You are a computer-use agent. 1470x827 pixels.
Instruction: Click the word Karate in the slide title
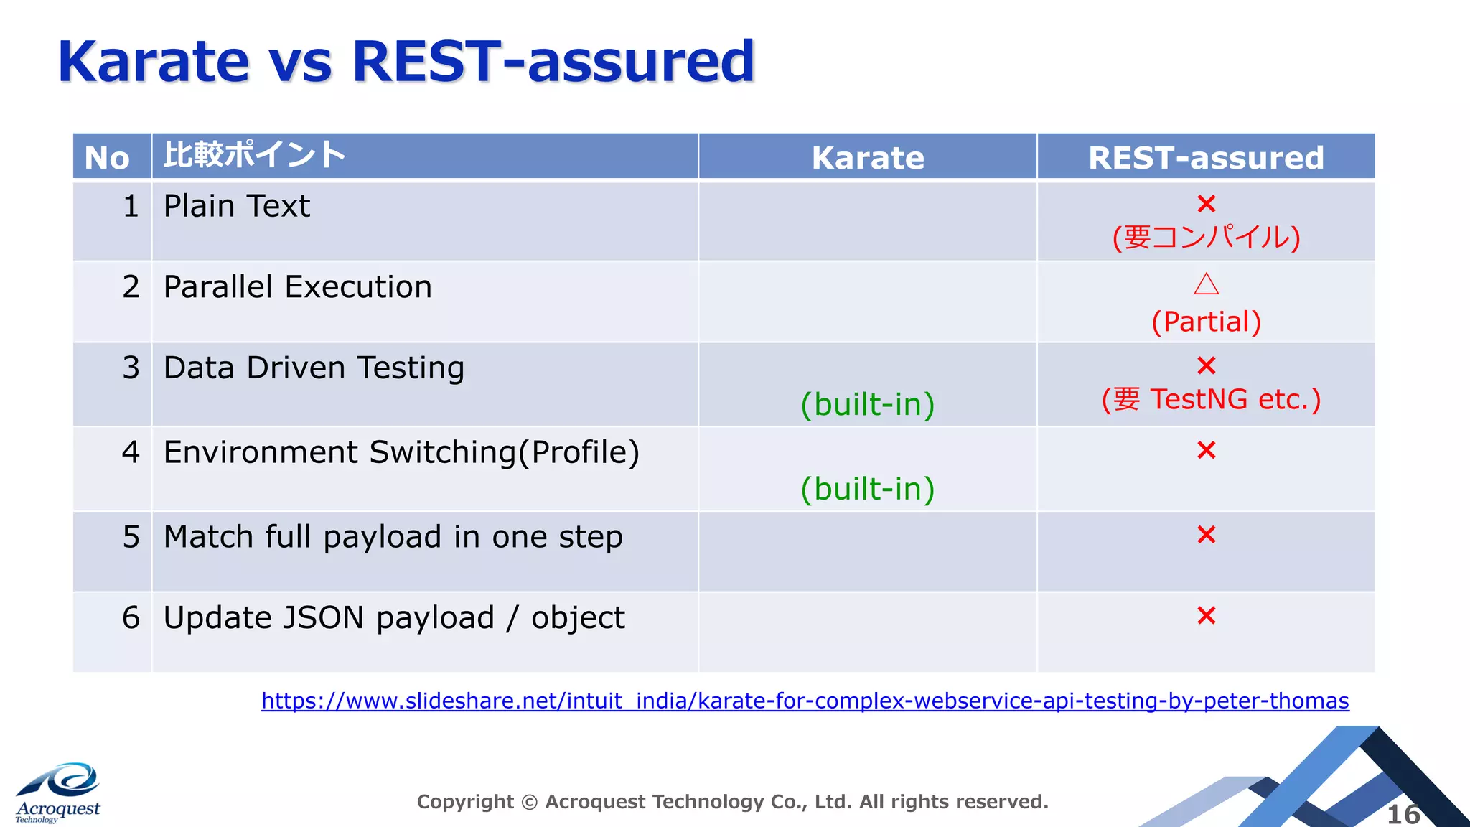[x=154, y=62]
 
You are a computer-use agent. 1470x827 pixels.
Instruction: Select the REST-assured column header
[x=1206, y=158]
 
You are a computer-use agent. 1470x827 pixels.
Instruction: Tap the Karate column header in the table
[x=868, y=158]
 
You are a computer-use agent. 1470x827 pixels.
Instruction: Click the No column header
[x=107, y=158]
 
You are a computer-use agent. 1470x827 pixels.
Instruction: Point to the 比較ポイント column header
[x=255, y=155]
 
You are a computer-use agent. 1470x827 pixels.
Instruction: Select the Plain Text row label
[x=237, y=207]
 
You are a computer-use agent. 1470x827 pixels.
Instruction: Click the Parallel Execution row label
[x=297, y=287]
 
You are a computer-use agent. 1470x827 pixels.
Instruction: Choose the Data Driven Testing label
[x=314, y=368]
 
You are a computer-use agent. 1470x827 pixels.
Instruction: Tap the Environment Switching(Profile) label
[x=401, y=453]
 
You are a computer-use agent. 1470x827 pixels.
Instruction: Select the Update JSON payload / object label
[x=394, y=618]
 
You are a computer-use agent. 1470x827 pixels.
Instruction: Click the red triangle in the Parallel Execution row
[x=1207, y=284]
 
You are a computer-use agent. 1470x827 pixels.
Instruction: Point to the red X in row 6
[x=1207, y=616]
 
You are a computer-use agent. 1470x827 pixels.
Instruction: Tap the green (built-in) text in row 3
[x=868, y=405]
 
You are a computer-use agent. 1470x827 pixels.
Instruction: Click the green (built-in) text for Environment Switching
[x=868, y=490]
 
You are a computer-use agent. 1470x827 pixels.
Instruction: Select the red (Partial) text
[x=1207, y=322]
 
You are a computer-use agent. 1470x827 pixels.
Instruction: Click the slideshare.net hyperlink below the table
[x=805, y=701]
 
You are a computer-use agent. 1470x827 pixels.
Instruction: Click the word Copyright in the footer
[x=465, y=802]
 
